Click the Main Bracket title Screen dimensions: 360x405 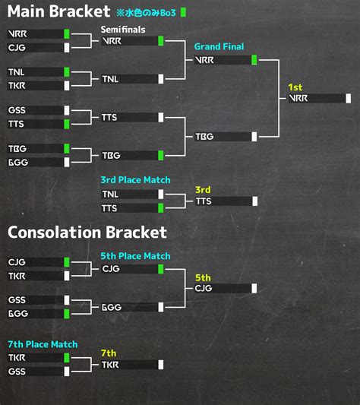click(x=58, y=11)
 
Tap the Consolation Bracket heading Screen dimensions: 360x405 click(x=87, y=233)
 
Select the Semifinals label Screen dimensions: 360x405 click(x=123, y=30)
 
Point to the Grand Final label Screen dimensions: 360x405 click(x=219, y=46)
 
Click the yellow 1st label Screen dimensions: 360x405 click(x=295, y=87)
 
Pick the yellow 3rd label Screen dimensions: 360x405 click(x=203, y=190)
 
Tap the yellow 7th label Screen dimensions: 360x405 click(x=109, y=353)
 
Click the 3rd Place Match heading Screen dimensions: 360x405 click(x=136, y=180)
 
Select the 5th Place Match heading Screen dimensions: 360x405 click(x=136, y=256)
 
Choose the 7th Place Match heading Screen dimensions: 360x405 click(x=43, y=344)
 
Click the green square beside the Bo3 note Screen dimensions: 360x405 click(x=183, y=12)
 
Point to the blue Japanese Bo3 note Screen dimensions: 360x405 click(x=146, y=13)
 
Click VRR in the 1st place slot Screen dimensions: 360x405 click(x=298, y=99)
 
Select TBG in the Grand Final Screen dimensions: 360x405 click(x=204, y=137)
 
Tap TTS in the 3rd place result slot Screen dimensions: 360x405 click(x=204, y=201)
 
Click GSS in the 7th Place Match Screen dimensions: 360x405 click(x=17, y=372)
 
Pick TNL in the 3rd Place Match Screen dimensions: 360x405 click(x=110, y=195)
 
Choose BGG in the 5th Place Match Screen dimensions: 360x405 click(x=112, y=308)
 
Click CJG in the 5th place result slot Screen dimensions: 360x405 click(x=204, y=288)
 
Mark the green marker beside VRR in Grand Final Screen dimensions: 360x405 click(x=254, y=60)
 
